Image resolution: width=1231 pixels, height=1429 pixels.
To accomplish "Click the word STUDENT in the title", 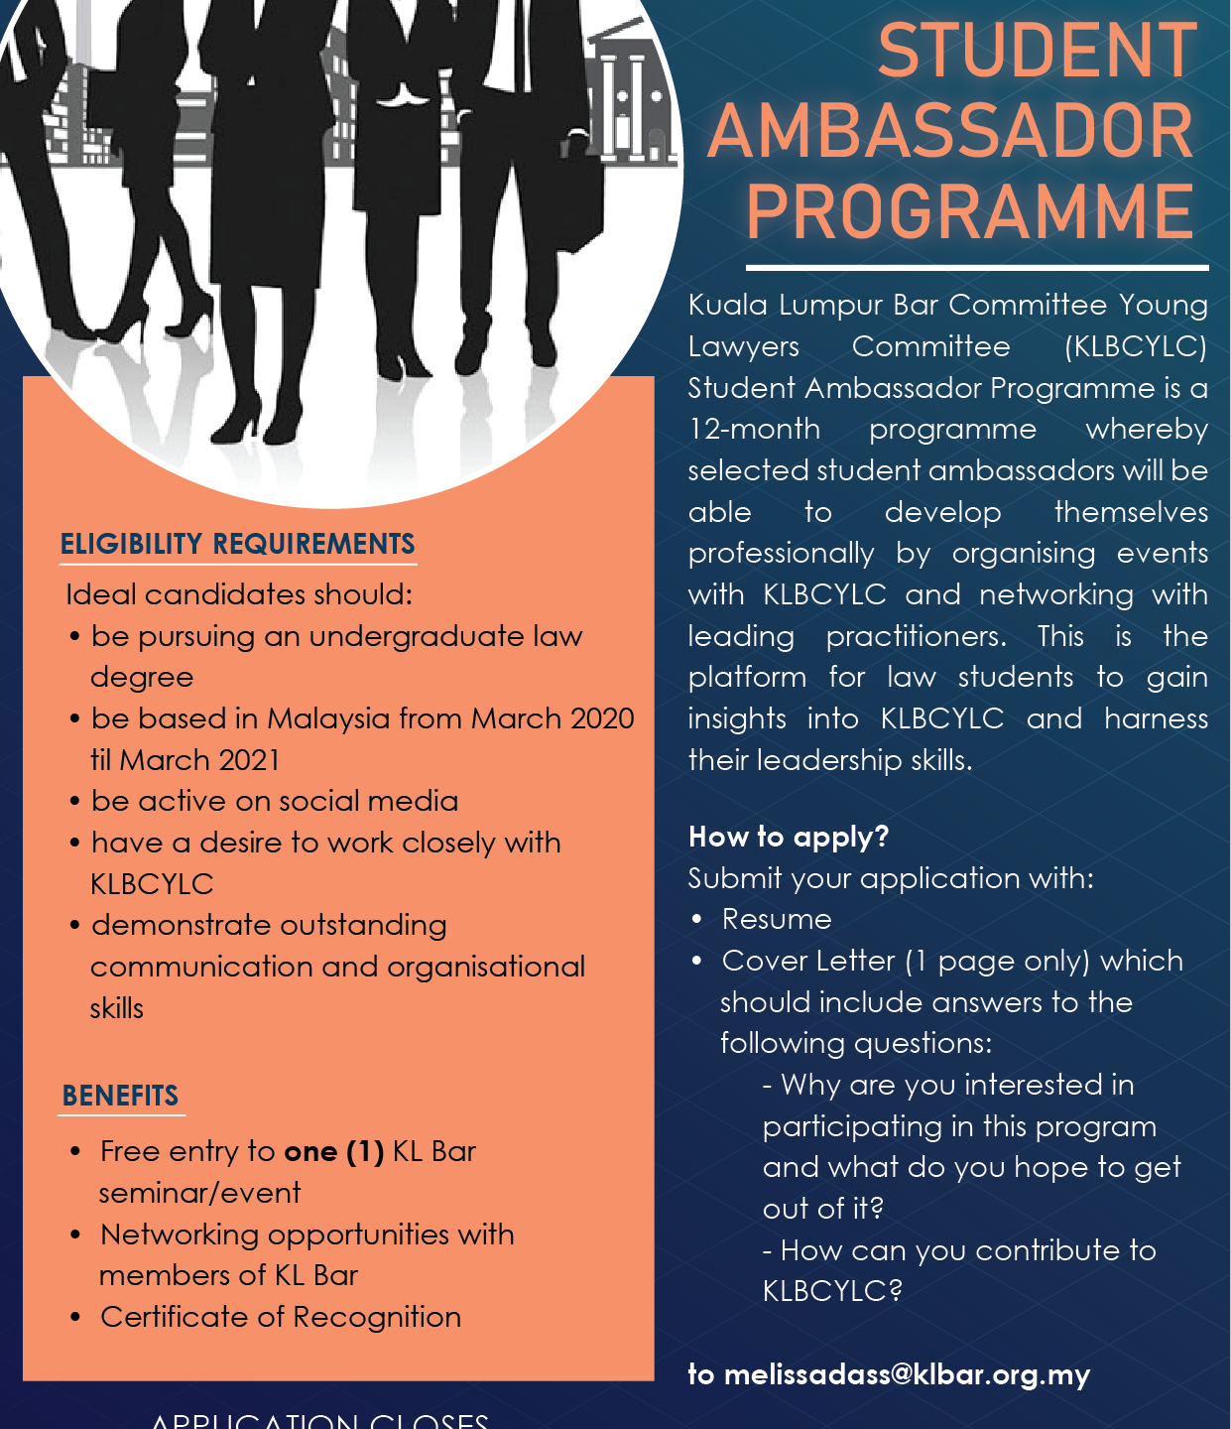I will (1038, 52).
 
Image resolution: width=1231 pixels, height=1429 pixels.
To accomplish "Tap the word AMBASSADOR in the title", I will (950, 132).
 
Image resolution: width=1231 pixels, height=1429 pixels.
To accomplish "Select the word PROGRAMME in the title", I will (970, 211).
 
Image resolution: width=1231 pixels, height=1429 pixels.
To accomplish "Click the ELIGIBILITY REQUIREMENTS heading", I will (238, 544).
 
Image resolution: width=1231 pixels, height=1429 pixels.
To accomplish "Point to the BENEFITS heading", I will (120, 1096).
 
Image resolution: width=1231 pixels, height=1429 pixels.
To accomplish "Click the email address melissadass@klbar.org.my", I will (907, 1374).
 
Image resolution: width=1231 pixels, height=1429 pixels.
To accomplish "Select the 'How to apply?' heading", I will (789, 837).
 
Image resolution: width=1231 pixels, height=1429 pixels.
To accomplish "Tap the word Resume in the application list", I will (777, 919).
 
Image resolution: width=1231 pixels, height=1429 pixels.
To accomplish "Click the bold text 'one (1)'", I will (333, 1151).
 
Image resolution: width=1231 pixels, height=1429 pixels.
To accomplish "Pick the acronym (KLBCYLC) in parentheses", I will (1136, 346).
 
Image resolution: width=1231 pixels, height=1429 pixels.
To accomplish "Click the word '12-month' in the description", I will (755, 429).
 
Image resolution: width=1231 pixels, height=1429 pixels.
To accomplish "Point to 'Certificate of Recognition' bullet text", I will (281, 1317).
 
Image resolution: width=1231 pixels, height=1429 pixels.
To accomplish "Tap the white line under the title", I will (977, 268).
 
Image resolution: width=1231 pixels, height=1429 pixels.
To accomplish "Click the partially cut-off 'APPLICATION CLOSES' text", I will (319, 1420).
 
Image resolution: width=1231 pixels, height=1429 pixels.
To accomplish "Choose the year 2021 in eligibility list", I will (248, 760).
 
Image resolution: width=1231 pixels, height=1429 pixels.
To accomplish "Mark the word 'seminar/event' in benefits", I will (199, 1193).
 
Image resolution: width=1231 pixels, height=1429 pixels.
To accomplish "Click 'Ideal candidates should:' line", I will (239, 594).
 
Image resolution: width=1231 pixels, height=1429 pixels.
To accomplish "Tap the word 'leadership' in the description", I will (882, 760).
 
